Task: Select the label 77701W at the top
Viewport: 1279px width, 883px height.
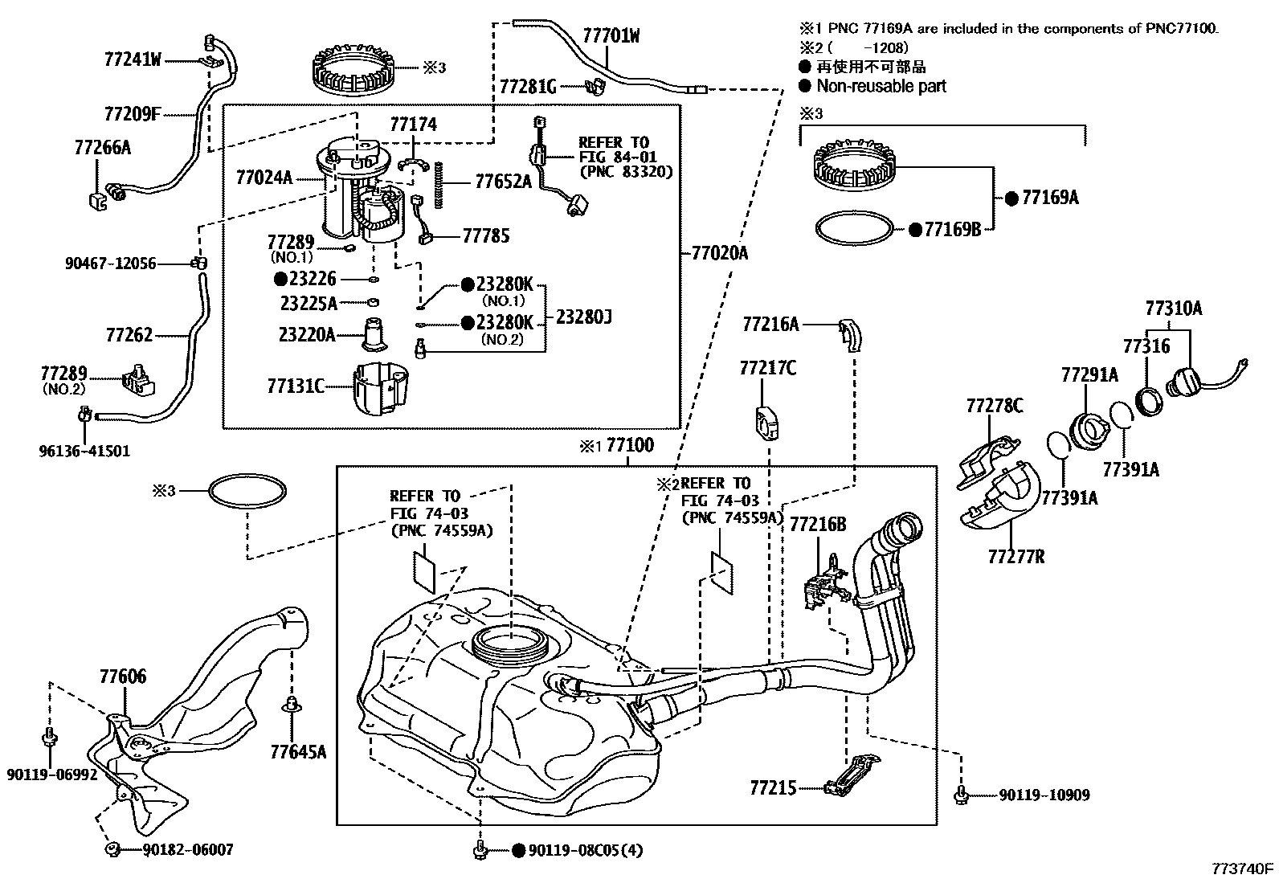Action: pyautogui.click(x=611, y=36)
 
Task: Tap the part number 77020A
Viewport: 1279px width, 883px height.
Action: pyautogui.click(x=719, y=254)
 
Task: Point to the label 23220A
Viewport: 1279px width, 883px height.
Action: pyautogui.click(x=307, y=334)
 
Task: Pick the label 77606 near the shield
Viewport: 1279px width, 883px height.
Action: pyautogui.click(x=123, y=677)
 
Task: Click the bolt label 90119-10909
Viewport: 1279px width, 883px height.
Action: pyautogui.click(x=1044, y=795)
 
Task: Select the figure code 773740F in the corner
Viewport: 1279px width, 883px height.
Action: pyautogui.click(x=1243, y=869)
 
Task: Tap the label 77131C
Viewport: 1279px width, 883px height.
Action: pyautogui.click(x=296, y=386)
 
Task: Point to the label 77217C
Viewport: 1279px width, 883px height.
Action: pyautogui.click(x=767, y=368)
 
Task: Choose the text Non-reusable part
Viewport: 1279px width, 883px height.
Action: pyautogui.click(x=881, y=86)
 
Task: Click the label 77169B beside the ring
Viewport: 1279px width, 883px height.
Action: pyautogui.click(x=953, y=229)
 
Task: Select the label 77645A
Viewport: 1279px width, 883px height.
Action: pyautogui.click(x=298, y=752)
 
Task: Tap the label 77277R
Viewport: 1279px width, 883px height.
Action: pyautogui.click(x=1016, y=555)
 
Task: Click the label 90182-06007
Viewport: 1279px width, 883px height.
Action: pyautogui.click(x=188, y=849)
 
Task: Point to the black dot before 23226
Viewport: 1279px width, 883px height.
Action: pyautogui.click(x=280, y=279)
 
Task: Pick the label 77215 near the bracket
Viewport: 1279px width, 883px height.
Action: pyautogui.click(x=773, y=787)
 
